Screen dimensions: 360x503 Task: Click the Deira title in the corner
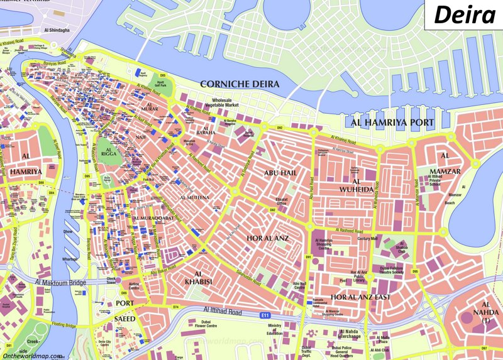pyautogui.click(x=465, y=14)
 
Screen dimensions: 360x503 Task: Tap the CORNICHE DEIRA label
pyautogui.click(x=240, y=84)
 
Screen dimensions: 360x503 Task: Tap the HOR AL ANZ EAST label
pyautogui.click(x=360, y=297)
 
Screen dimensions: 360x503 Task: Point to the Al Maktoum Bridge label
pyautogui.click(x=61, y=283)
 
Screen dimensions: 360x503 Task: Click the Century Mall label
pyautogui.click(x=367, y=239)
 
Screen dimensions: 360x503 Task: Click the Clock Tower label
pyautogui.click(x=112, y=281)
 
